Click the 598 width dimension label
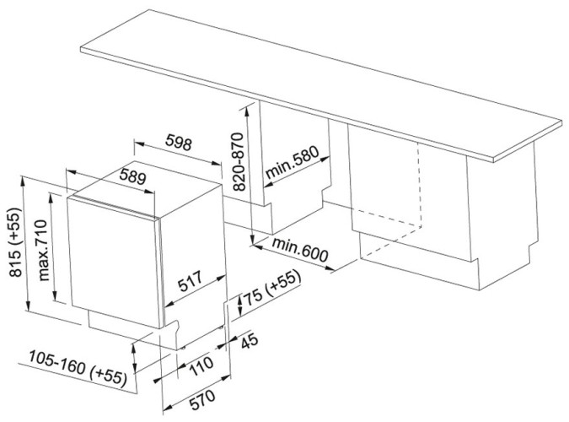click(x=178, y=142)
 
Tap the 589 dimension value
click(x=133, y=176)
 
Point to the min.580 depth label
click(x=293, y=162)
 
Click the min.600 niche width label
click(x=300, y=250)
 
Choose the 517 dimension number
click(x=190, y=281)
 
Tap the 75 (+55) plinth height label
click(x=273, y=289)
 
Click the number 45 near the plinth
click(x=250, y=341)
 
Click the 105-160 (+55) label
click(x=78, y=367)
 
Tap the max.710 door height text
click(x=42, y=250)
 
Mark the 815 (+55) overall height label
click(x=16, y=242)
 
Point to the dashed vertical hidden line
click(x=420, y=184)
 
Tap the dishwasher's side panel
click(x=193, y=254)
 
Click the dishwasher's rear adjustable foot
click(x=220, y=327)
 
